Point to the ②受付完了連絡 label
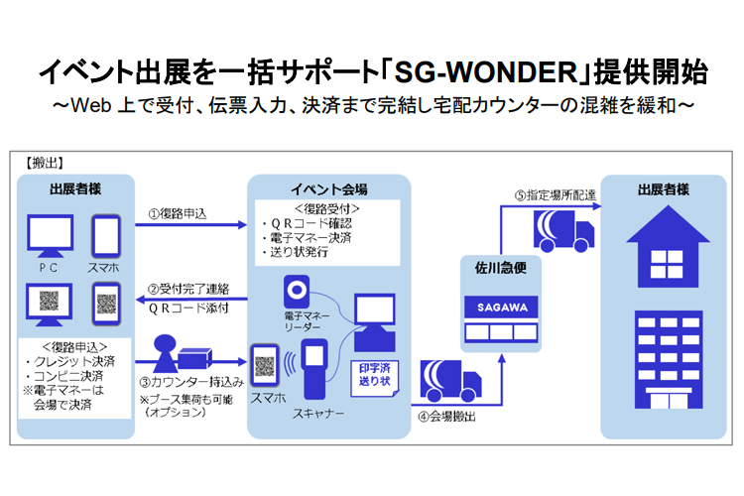point(188,289)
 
